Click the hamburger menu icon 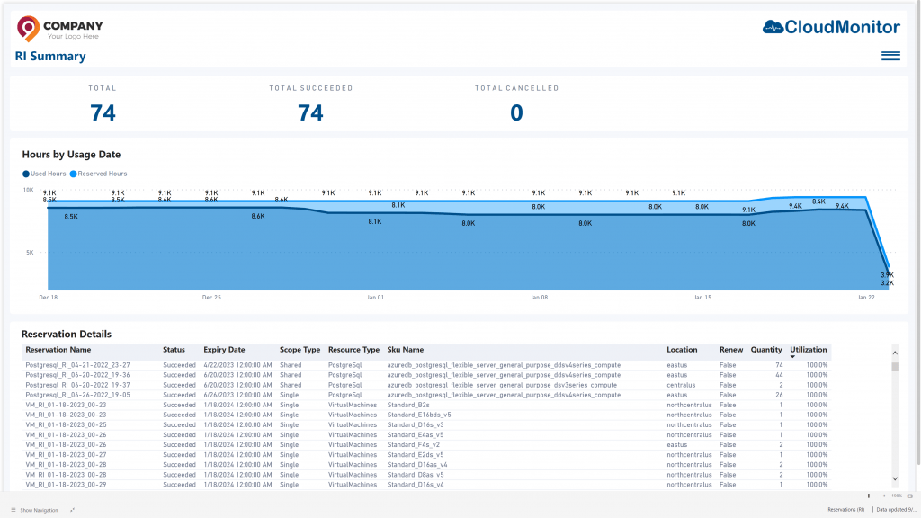[890, 56]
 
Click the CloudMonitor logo [830, 27]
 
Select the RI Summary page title [50, 56]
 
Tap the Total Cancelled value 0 [516, 112]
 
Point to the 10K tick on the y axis [28, 191]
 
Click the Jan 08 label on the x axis [539, 297]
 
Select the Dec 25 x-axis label [211, 297]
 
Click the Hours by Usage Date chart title [71, 155]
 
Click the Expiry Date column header [224, 349]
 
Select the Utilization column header [808, 349]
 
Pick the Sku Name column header [406, 349]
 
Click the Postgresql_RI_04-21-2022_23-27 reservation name [78, 365]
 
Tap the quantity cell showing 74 [778, 365]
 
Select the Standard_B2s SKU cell [408, 405]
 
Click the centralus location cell [684, 385]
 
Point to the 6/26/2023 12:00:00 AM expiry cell [237, 395]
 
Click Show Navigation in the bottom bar [38, 510]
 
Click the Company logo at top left [59, 29]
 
